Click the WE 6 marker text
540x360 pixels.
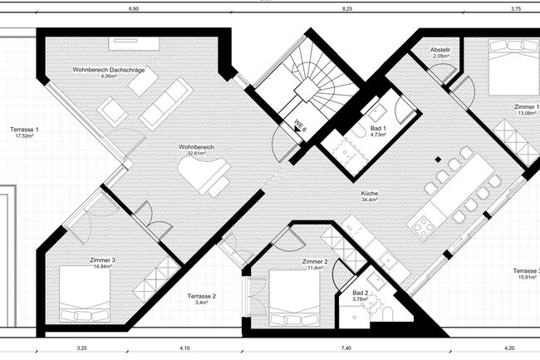299,127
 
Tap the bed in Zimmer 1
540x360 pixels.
502,73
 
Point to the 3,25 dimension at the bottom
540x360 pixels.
82,347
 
